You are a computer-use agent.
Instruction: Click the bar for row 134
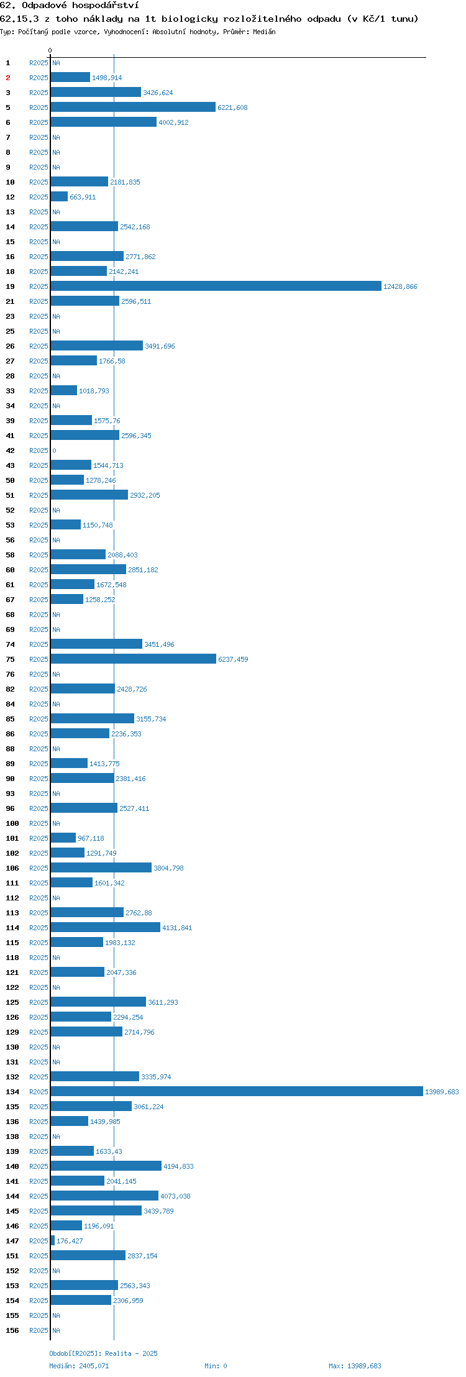click(237, 1091)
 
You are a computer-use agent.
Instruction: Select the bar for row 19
click(216, 286)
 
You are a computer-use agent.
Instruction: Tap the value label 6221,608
click(232, 108)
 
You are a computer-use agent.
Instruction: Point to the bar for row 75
click(134, 659)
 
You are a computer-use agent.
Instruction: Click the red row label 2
click(8, 78)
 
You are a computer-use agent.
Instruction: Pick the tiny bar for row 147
click(53, 1240)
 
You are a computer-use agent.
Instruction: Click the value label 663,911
click(83, 197)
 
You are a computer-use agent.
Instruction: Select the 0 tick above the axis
click(50, 50)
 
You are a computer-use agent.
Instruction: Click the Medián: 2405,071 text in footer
click(79, 1366)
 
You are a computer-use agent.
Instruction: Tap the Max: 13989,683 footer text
click(355, 1366)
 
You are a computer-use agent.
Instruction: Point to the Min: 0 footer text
click(216, 1366)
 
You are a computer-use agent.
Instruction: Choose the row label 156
click(12, 1330)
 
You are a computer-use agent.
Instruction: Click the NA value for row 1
click(56, 63)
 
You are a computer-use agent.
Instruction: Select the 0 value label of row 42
click(54, 451)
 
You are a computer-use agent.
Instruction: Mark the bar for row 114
click(106, 927)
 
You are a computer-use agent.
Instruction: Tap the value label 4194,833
click(178, 1166)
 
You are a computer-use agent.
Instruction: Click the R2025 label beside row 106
click(39, 868)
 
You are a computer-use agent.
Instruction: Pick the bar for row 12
click(59, 196)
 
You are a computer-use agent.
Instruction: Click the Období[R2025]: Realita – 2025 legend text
click(103, 1353)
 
